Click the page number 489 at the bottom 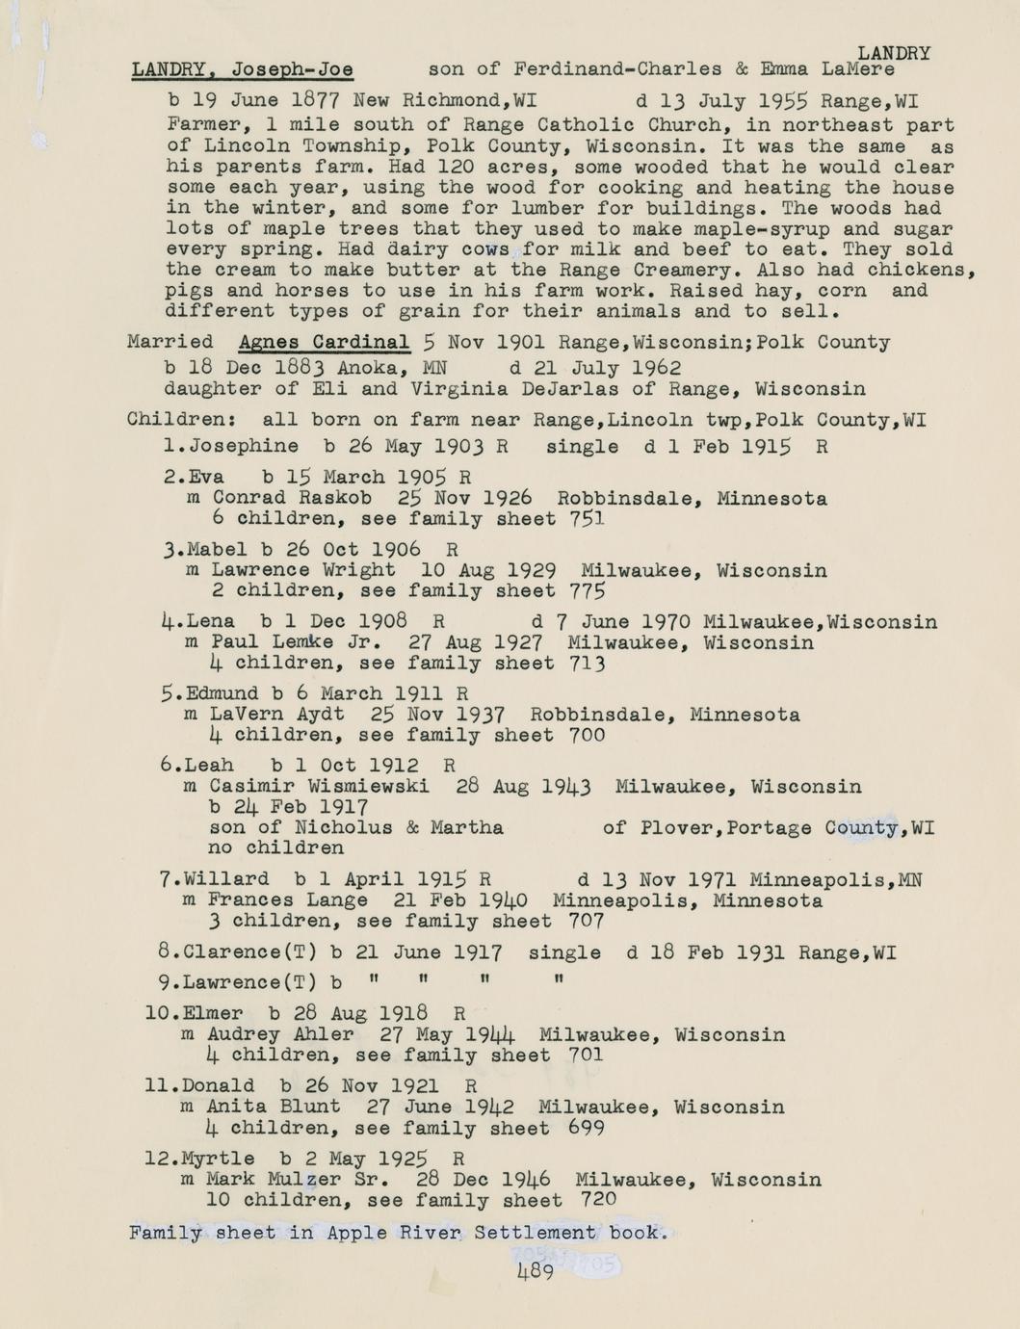tap(535, 1272)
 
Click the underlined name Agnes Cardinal tap(324, 342)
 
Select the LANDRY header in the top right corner tap(893, 54)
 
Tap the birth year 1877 tap(313, 100)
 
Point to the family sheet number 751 tap(587, 519)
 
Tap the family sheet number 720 tap(599, 1200)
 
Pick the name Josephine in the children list tap(244, 446)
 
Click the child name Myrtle tap(218, 1159)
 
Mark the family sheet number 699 tap(588, 1128)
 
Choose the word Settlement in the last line tap(540, 1233)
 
